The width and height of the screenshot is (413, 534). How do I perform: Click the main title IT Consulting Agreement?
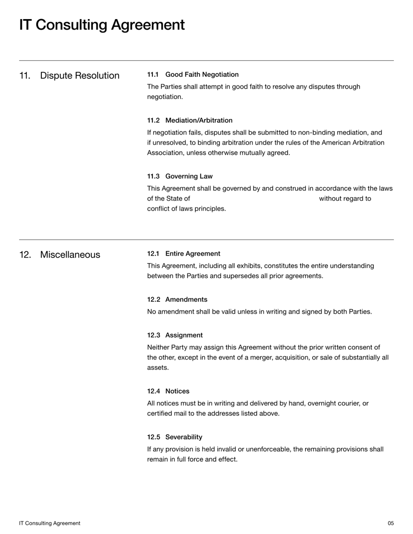tap(102, 25)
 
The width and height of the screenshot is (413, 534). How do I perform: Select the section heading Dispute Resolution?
tap(80, 76)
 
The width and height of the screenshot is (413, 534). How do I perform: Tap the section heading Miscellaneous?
tap(70, 255)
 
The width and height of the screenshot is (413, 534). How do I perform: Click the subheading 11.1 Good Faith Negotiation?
tap(193, 74)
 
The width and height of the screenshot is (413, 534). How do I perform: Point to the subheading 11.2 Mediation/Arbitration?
tap(189, 120)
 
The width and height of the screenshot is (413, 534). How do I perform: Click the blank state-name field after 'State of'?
tap(254, 199)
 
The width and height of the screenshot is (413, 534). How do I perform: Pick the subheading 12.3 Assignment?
tap(175, 335)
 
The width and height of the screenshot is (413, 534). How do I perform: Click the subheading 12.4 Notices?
tap(168, 391)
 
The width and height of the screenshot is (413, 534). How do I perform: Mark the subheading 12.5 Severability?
tap(174, 436)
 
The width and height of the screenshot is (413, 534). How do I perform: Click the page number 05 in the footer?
tap(390, 523)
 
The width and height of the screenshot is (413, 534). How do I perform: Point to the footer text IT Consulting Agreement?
tap(50, 523)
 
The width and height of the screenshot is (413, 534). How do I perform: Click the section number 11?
tap(24, 76)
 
